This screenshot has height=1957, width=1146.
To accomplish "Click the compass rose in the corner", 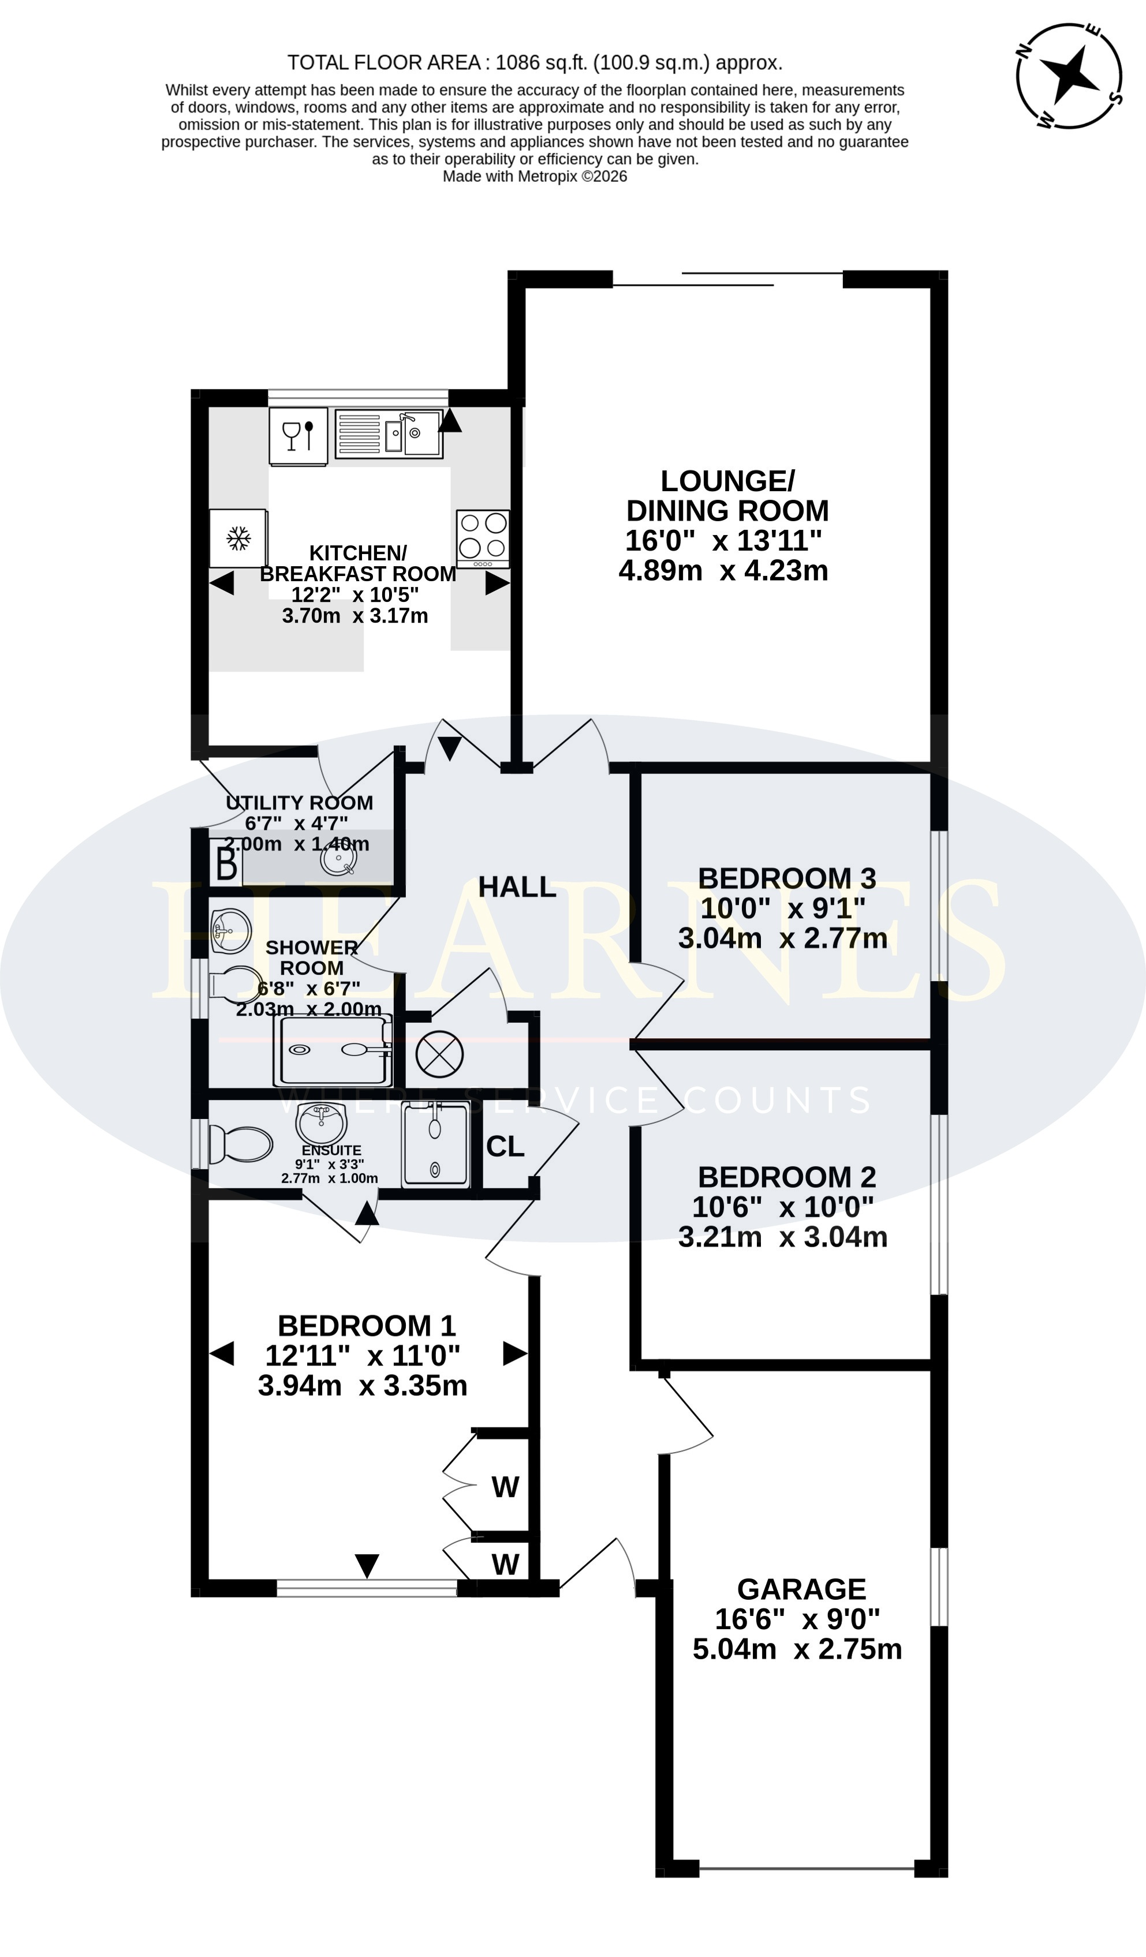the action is (1068, 76).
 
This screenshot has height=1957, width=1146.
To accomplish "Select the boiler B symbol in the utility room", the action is (226, 865).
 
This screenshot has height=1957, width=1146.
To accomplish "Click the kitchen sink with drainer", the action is (389, 433).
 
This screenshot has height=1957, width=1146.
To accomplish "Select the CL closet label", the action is (505, 1146).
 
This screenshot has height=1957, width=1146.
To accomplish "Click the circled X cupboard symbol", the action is (440, 1054).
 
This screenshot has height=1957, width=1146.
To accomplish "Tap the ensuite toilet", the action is (241, 1144).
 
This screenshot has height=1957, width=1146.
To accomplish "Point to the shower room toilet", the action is (236, 984).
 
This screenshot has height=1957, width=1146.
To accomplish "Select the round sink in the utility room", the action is (339, 859).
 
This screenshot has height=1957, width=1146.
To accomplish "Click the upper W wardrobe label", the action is (505, 1487).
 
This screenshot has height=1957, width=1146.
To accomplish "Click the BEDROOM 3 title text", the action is (786, 878).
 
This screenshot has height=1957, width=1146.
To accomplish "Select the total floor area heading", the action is (535, 62).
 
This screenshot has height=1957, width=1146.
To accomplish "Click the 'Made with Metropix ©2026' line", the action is (535, 176).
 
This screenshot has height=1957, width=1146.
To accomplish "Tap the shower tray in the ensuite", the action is (436, 1144).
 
